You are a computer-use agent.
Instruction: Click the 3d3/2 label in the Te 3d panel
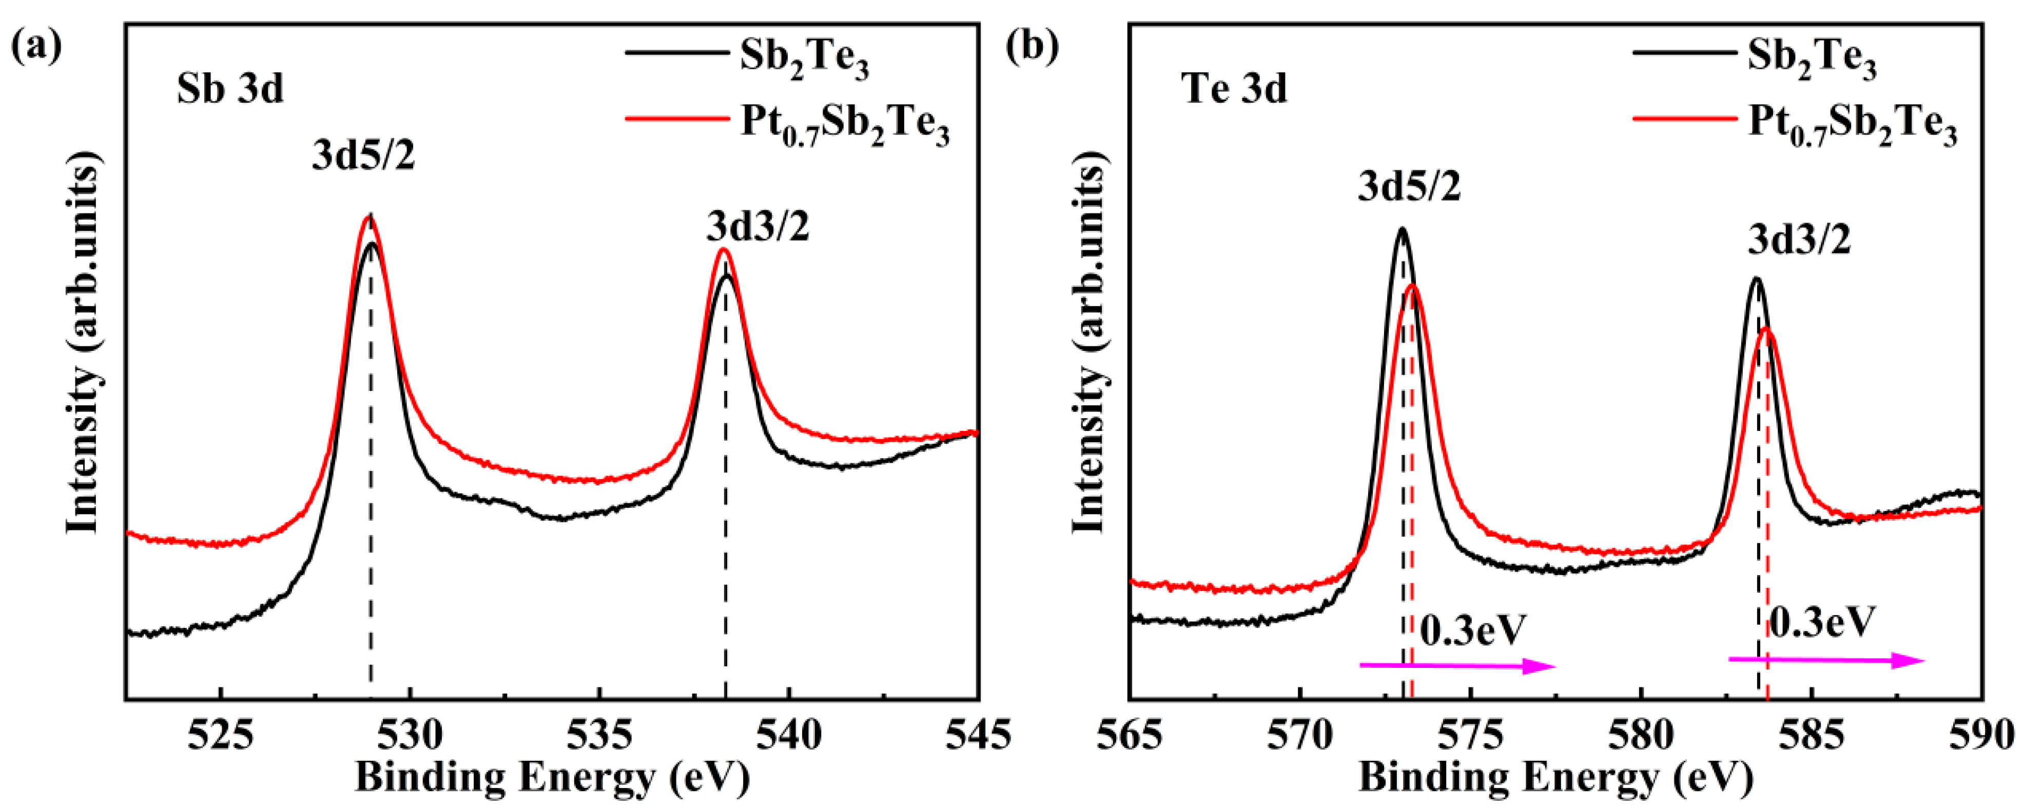pos(1799,240)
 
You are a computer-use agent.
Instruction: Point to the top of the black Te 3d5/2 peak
pos(1401,229)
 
